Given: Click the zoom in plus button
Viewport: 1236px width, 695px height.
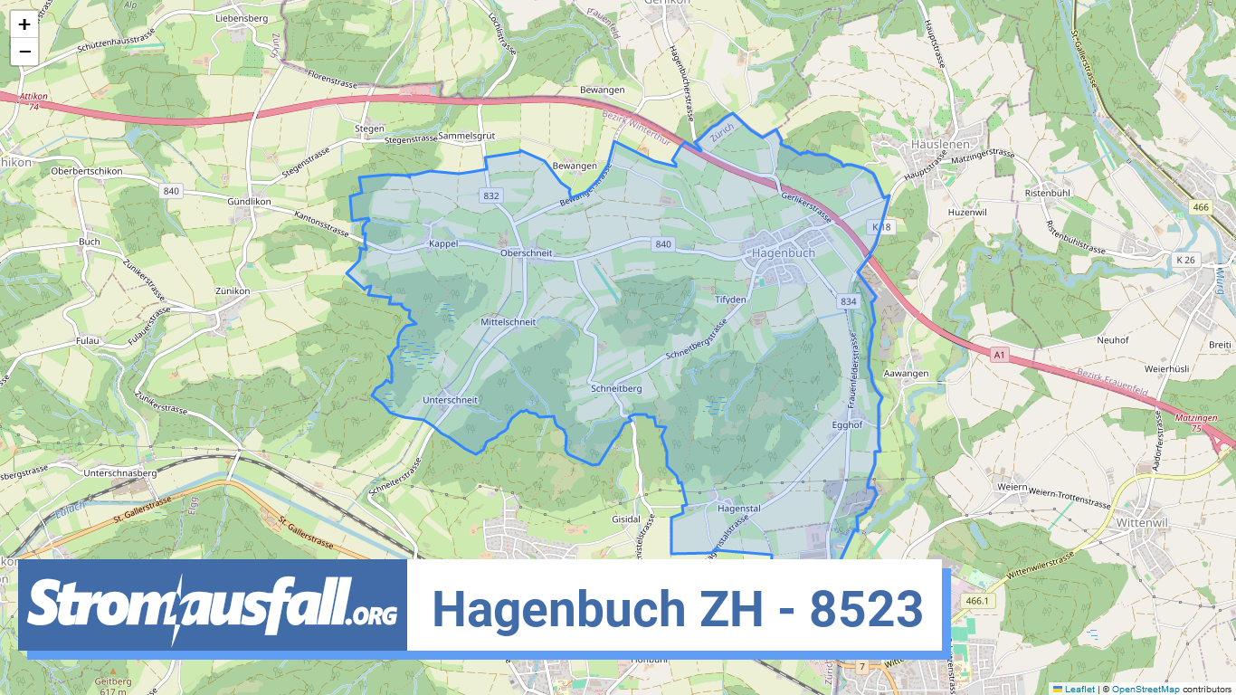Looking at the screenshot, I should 24,25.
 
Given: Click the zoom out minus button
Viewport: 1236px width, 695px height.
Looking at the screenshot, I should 24,52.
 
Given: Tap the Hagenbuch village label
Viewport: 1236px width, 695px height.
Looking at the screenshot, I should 784,253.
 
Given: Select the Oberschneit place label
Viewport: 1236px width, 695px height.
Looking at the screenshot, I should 526,254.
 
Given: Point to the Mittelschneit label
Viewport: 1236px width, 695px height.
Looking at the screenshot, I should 509,322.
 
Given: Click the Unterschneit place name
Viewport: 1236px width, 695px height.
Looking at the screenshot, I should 450,400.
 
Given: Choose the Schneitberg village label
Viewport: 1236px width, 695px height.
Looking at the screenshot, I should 616,388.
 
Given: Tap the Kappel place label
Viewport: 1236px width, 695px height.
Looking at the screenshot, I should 443,244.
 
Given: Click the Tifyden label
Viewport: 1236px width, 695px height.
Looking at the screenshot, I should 731,300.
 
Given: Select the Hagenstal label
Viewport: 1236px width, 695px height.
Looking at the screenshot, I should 738,509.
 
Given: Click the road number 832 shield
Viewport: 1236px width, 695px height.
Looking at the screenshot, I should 491,195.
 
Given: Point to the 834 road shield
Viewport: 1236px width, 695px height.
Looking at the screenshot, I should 848,301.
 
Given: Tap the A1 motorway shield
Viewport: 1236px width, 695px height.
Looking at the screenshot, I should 999,356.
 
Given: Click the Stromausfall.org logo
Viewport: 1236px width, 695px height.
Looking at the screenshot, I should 213,605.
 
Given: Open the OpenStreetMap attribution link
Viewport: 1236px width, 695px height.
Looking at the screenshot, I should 1146,690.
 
